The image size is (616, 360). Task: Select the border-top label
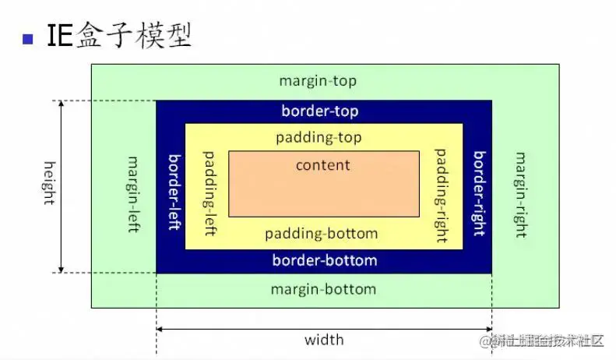[x=320, y=111]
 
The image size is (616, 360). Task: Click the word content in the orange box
[x=323, y=165]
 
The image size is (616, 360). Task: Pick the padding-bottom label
[x=321, y=234]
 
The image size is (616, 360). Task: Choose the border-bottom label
[x=324, y=260]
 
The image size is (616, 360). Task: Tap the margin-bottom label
[x=323, y=289]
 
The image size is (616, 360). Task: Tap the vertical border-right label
[x=478, y=193]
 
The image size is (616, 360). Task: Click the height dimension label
[x=48, y=183]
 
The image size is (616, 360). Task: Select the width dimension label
[x=324, y=340]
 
